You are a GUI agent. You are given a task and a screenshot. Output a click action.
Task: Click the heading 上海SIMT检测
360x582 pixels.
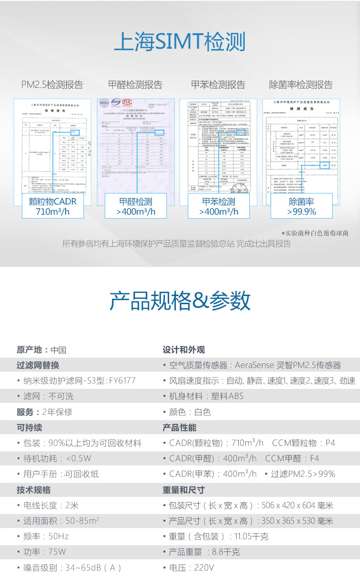click(x=180, y=42)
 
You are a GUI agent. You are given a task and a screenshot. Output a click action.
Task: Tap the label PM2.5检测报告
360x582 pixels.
click(x=52, y=85)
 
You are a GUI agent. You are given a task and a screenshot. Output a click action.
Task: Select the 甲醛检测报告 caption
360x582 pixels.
click(x=135, y=85)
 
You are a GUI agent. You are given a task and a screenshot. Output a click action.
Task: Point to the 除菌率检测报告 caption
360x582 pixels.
click(x=301, y=85)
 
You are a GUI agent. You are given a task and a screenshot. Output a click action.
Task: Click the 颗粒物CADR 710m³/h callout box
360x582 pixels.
click(x=52, y=206)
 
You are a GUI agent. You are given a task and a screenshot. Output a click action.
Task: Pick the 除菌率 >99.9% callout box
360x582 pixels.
click(x=301, y=206)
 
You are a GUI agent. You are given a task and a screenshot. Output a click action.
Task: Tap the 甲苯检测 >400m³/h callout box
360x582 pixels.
click(x=218, y=206)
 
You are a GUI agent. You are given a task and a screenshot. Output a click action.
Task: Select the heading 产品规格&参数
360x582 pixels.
click(x=180, y=301)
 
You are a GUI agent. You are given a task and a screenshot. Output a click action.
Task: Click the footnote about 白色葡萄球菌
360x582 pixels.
click(x=315, y=233)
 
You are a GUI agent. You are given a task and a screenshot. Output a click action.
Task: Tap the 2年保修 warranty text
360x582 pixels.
click(x=57, y=412)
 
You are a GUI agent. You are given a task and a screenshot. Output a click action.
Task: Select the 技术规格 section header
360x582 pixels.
click(x=34, y=490)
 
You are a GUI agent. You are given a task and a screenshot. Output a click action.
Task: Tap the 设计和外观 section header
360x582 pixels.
click(x=184, y=350)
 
